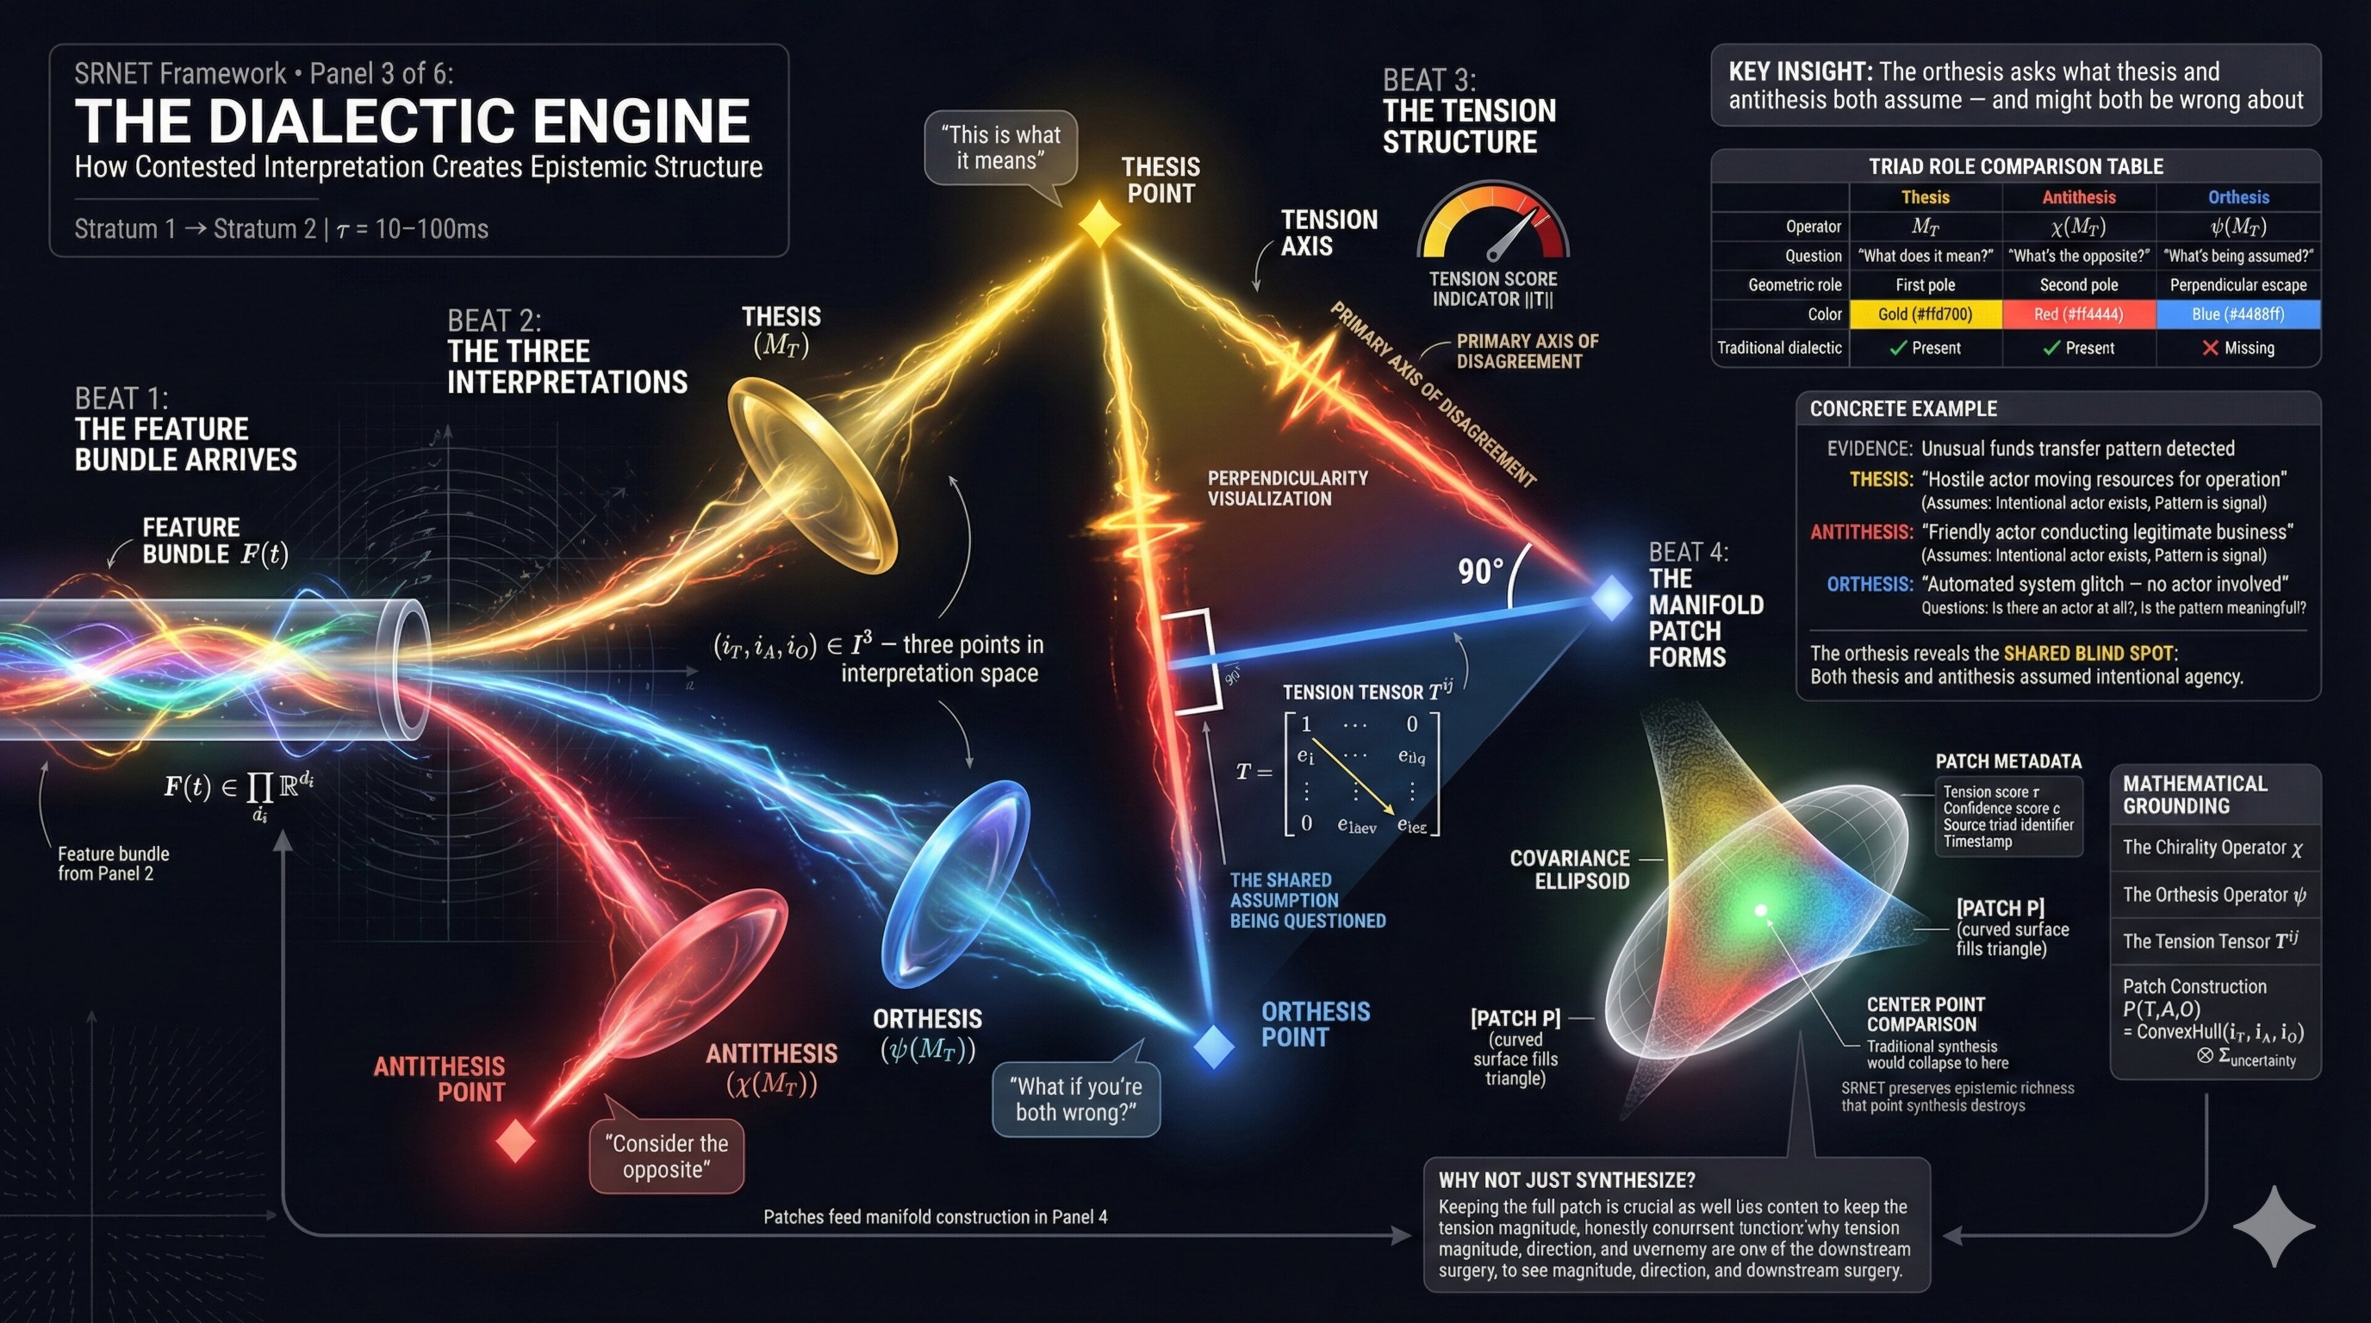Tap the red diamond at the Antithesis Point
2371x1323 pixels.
516,1141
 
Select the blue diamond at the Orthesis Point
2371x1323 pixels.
1213,1046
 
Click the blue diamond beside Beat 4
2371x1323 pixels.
1611,598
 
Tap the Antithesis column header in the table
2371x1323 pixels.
2078,197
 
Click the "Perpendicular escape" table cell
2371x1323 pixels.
2238,285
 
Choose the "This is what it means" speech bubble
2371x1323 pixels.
1000,148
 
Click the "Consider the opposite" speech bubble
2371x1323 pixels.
666,1156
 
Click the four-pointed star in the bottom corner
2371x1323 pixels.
2273,1227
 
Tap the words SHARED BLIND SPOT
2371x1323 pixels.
2088,653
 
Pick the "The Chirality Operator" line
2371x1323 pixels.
2212,848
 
